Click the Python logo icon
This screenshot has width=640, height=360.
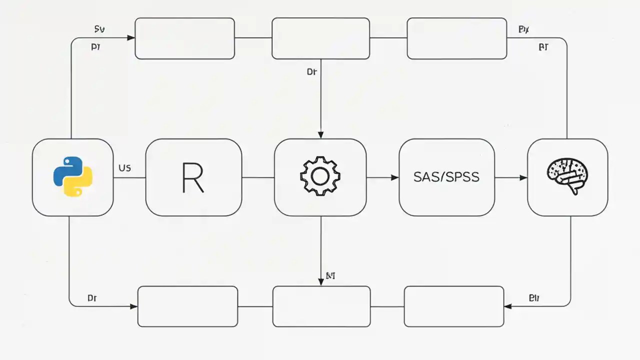[73, 177]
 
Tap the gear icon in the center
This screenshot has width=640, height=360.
[320, 176]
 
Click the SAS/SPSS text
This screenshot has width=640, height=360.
[446, 177]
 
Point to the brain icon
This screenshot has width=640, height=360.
[567, 176]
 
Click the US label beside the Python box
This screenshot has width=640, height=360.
[124, 168]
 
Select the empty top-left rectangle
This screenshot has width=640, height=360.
[184, 38]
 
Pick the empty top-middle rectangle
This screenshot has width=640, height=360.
[320, 38]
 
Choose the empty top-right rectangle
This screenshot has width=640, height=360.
[456, 38]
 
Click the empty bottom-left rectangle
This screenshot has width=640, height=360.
[187, 306]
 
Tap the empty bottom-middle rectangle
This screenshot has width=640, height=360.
[321, 306]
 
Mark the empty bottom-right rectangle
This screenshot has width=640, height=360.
[453, 306]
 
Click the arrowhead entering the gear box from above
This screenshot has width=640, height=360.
[320, 135]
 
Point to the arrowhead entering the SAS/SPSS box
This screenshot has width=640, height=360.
[395, 177]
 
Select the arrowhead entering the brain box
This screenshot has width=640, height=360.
[523, 177]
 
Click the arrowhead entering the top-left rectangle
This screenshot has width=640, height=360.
[131, 37]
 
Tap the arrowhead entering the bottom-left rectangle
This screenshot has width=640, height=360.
[133, 306]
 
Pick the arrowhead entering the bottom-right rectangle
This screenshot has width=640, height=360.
[508, 306]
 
